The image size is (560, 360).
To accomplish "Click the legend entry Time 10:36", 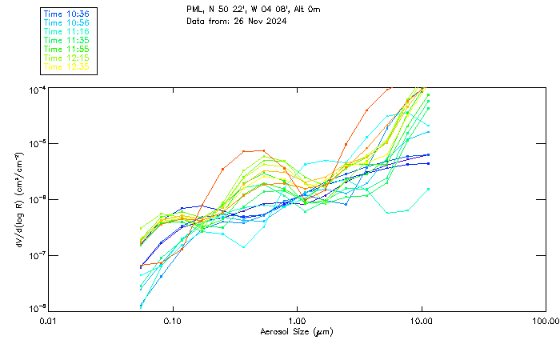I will pyautogui.click(x=66, y=14).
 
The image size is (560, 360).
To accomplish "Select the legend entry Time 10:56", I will pyautogui.click(x=66, y=23).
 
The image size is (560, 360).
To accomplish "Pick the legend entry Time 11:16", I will pyautogui.click(x=66, y=31).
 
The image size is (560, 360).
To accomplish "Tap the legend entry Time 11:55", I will pyautogui.click(x=66, y=49).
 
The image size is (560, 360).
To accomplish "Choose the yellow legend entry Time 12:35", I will pyautogui.click(x=66, y=66).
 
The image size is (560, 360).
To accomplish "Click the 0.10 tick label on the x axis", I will pyautogui.click(x=173, y=321).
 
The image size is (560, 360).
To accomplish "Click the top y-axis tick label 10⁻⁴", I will pyautogui.click(x=37, y=88).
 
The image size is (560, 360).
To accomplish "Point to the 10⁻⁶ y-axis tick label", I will pyautogui.click(x=37, y=199).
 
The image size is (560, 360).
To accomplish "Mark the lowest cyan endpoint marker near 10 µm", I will pyautogui.click(x=428, y=189).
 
